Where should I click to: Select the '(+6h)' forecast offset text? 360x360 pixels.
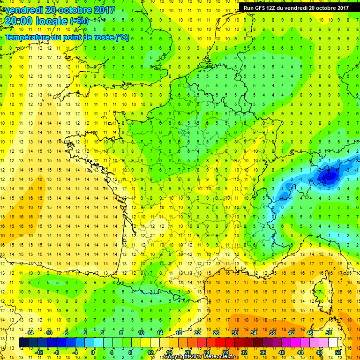point(78,21)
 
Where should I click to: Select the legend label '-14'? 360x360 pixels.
point(30,333)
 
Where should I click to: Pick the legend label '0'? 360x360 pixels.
point(93,352)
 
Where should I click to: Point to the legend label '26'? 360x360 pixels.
point(216,333)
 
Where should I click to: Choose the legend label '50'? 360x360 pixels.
point(328,333)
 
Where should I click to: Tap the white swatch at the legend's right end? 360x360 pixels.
point(333,343)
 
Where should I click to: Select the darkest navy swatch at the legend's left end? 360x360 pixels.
point(23,343)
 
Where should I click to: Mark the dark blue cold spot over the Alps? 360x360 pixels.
point(328,176)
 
